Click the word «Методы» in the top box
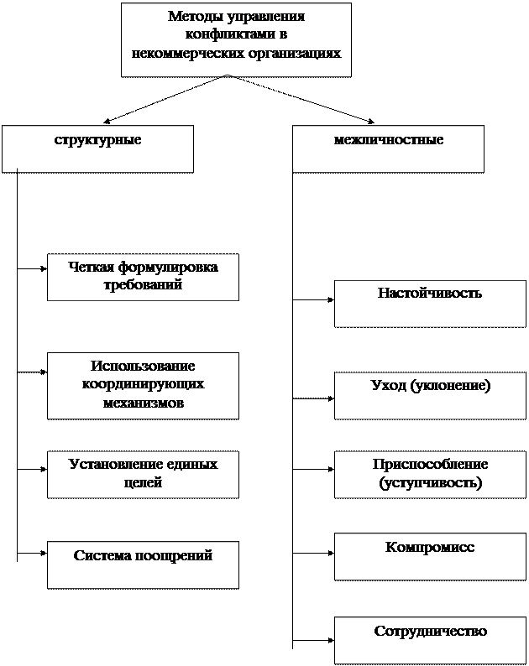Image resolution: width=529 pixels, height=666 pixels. click(x=192, y=17)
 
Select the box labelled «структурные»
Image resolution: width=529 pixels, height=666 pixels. click(x=97, y=148)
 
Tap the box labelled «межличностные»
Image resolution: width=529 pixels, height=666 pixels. click(x=388, y=148)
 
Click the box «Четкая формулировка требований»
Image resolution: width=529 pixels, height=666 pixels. click(x=143, y=277)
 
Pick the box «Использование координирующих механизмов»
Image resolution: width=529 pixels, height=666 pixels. click(x=143, y=385)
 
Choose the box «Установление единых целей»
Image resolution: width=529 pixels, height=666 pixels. click(x=143, y=474)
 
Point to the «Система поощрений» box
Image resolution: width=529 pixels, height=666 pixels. click(x=143, y=565)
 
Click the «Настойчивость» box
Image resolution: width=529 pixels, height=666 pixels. click(x=430, y=303)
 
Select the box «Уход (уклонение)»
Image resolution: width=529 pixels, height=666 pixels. click(x=430, y=394)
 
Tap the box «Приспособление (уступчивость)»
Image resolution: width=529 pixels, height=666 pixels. click(x=430, y=474)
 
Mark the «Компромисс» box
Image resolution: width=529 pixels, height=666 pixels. click(x=430, y=555)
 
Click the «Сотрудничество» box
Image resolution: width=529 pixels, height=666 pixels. click(x=430, y=640)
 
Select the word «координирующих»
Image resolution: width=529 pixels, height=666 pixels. click(x=143, y=385)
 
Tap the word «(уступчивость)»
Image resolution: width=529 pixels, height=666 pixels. click(x=430, y=484)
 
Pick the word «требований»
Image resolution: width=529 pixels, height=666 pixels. click(x=143, y=286)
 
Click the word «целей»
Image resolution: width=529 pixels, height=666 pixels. click(x=143, y=483)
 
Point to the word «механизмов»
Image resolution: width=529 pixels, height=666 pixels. click(x=143, y=403)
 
